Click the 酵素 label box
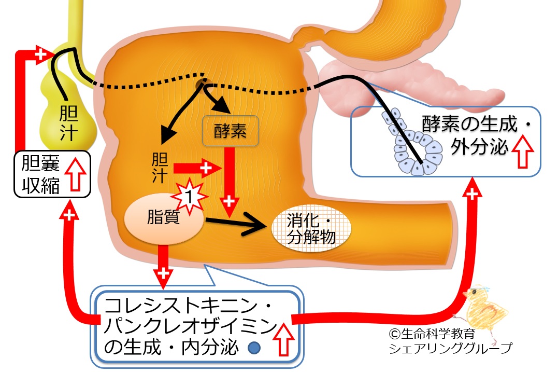click(x=230, y=132)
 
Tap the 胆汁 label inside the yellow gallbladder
click(x=68, y=122)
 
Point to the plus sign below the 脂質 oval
click(x=163, y=272)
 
